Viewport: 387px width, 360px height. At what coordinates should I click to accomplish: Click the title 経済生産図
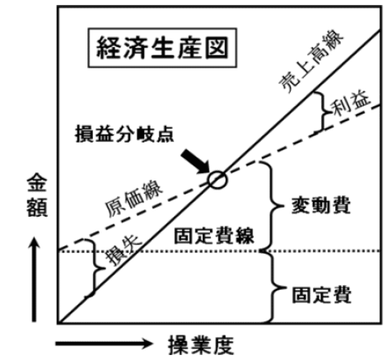point(162,48)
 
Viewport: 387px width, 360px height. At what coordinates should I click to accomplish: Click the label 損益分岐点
point(124,134)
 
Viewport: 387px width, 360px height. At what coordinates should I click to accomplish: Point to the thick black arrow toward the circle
point(196,162)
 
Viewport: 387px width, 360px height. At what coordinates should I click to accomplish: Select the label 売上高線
point(310,61)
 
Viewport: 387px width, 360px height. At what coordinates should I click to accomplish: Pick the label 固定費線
point(214,236)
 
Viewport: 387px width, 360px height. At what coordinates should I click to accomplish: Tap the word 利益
point(350,105)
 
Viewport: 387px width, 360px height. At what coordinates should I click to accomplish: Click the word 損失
point(124,251)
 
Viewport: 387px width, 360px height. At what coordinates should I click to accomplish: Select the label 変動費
point(321,205)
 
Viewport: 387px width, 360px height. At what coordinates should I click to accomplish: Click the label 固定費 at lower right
point(321,295)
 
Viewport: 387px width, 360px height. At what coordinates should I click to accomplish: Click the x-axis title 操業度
point(201,345)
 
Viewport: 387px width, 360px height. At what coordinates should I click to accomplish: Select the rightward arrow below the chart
point(104,344)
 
